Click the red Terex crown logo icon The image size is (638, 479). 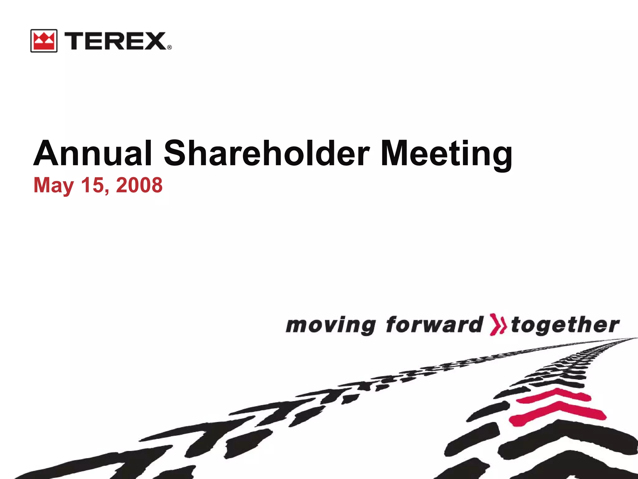click(44, 41)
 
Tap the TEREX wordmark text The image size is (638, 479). click(115, 41)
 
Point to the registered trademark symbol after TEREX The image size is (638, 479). click(169, 47)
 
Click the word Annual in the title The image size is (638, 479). click(93, 153)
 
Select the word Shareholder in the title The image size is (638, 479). click(267, 153)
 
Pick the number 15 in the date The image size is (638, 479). click(93, 185)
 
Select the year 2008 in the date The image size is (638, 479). click(139, 185)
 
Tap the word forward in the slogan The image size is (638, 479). click(435, 325)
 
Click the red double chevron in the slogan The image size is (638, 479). click(497, 325)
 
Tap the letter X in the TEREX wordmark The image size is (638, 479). click(155, 41)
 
